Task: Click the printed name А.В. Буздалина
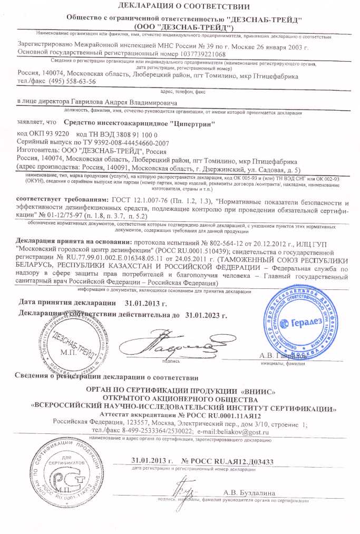coord(249,493)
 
